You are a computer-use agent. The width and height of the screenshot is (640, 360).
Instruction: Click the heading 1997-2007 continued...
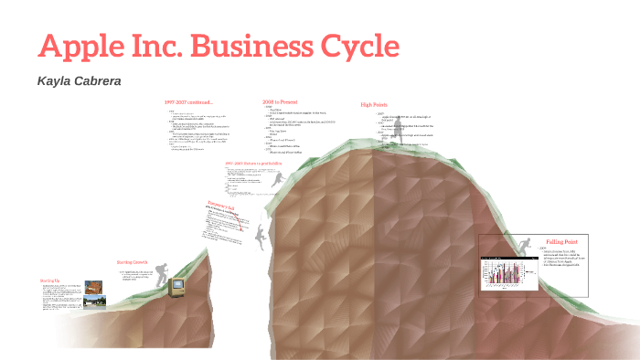coord(188,101)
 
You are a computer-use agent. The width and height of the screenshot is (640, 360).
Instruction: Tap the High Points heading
coord(374,105)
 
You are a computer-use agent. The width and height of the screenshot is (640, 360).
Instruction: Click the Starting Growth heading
coord(132,261)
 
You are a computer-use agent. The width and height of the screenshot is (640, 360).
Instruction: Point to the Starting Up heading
coord(50,280)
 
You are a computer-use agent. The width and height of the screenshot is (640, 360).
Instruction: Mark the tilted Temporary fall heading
coord(222,206)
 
